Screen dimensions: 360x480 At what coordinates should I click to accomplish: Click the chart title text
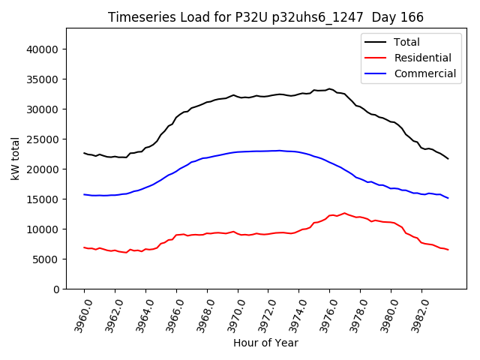265,17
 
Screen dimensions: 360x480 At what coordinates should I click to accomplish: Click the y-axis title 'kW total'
16,158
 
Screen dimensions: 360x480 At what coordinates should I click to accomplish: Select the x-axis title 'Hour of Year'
265,343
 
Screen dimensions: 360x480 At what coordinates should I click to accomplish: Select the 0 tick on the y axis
55,289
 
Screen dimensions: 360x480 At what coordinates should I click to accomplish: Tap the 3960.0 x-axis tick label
79,314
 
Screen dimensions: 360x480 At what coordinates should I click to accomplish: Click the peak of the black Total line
329,88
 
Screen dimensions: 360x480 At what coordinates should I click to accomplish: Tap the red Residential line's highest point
344,213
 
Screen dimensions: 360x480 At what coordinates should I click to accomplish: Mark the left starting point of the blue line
84,194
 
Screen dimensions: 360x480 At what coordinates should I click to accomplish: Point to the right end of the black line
448,159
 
